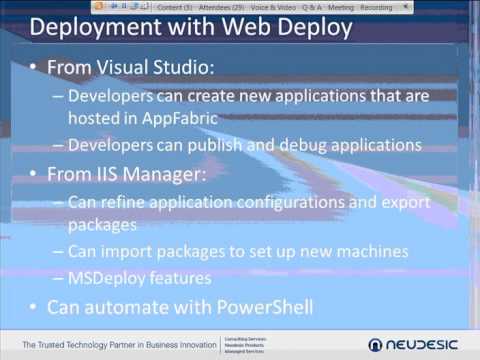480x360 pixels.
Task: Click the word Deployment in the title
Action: coord(95,27)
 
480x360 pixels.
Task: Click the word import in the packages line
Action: coord(130,249)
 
